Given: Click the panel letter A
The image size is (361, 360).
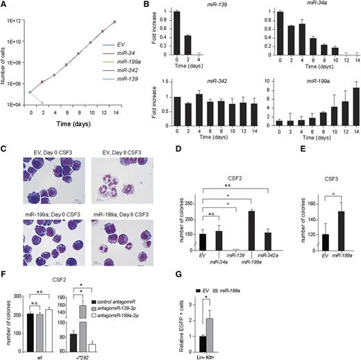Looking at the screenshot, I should (4, 6).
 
